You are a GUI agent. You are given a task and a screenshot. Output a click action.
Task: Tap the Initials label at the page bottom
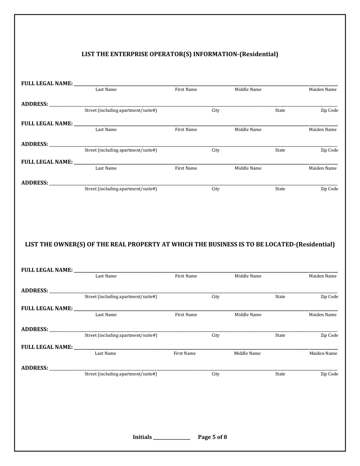[142, 437]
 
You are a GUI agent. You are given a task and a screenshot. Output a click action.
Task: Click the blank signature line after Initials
[171, 438]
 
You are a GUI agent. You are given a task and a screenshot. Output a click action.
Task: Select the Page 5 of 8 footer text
[213, 437]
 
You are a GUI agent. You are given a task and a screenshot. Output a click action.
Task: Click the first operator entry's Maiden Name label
[322, 90]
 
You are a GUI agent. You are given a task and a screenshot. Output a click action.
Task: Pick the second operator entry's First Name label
[186, 130]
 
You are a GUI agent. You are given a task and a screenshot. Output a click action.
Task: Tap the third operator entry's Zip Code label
[329, 189]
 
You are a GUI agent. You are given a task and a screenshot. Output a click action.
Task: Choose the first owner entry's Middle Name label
[248, 276]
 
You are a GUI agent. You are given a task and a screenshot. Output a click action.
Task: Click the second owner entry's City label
[215, 335]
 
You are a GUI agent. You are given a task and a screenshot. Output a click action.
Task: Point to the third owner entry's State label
[280, 374]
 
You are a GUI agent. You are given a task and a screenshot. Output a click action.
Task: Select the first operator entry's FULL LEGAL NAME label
[47, 83]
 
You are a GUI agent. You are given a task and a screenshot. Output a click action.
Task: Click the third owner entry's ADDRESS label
[34, 368]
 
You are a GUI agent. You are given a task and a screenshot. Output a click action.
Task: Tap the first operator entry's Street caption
[121, 110]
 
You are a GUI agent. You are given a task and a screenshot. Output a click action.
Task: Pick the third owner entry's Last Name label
[105, 353]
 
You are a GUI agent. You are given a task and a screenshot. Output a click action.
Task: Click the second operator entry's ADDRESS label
[34, 144]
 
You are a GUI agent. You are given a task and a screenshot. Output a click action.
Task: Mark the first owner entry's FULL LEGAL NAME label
[47, 270]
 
